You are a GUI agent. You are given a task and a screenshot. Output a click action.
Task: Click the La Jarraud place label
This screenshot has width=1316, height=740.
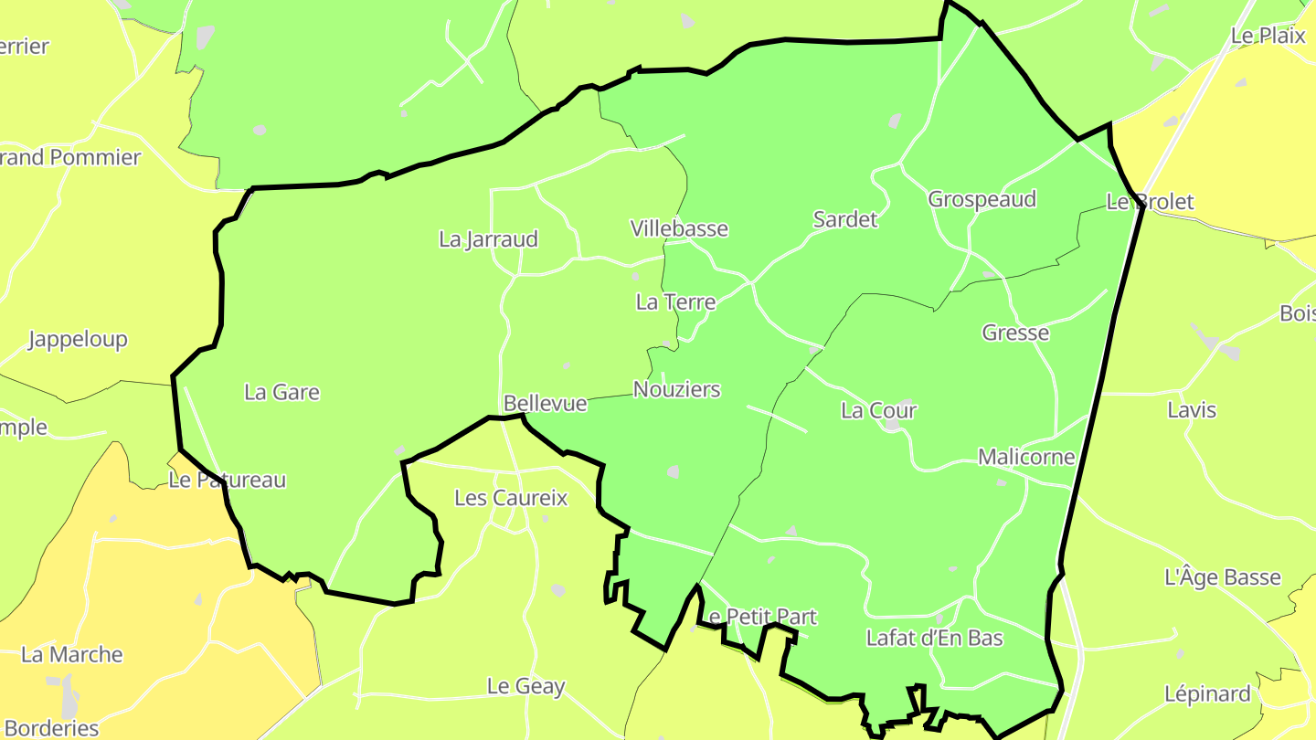click(488, 239)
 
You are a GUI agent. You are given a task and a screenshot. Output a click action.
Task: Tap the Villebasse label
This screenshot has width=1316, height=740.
click(679, 228)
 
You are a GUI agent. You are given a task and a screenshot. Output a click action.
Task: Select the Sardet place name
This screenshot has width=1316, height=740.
click(844, 219)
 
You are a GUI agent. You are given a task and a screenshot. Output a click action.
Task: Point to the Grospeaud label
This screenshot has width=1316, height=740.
click(982, 199)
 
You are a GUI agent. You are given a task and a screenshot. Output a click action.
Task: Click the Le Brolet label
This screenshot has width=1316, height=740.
click(1150, 202)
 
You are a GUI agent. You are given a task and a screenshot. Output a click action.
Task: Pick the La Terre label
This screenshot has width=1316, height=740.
click(675, 301)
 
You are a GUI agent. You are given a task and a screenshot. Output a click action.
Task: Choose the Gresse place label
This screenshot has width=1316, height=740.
click(1015, 333)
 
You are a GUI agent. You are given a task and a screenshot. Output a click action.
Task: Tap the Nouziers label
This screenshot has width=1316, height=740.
click(676, 390)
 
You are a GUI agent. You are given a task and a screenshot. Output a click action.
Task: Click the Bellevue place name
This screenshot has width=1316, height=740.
click(545, 403)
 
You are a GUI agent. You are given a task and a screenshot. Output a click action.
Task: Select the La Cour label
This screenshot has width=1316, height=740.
click(878, 411)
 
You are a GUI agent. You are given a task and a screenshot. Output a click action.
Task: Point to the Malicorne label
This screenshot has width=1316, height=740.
click(1026, 457)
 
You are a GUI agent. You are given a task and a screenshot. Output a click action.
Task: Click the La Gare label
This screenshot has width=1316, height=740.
click(281, 393)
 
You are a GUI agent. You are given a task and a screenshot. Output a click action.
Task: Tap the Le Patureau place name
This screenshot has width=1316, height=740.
click(227, 481)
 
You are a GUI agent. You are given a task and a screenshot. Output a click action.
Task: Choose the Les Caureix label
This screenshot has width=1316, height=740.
click(511, 499)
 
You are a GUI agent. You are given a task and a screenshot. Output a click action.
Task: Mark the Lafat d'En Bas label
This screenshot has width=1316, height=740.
click(934, 639)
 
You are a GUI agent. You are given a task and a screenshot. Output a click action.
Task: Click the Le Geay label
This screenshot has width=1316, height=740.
click(525, 687)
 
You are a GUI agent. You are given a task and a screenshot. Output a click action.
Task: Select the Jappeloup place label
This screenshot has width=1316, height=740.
click(78, 340)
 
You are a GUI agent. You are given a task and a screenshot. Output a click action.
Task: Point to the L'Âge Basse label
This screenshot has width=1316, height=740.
click(1222, 578)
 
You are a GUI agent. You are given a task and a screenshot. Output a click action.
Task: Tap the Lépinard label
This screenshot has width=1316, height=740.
click(1206, 694)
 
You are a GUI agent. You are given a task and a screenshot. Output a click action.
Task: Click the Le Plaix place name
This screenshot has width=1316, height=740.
click(1268, 36)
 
